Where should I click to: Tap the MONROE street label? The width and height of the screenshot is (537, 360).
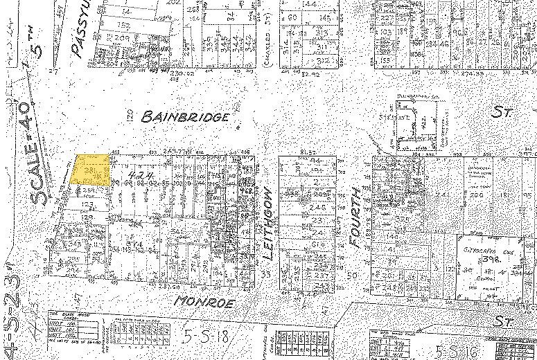tap(205, 303)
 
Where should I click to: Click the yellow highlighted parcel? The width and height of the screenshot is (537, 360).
tap(91, 170)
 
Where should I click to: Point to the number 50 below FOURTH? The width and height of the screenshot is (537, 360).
tap(351, 275)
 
